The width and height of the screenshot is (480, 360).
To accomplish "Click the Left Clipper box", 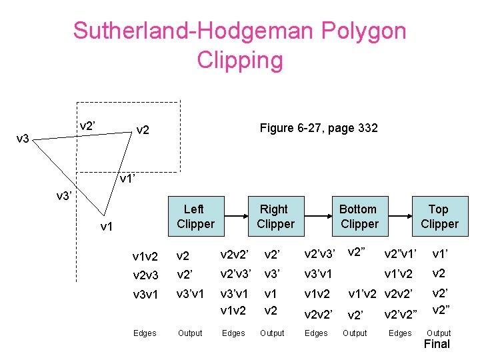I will [195, 217].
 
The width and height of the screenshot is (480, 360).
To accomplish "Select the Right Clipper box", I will [275, 217].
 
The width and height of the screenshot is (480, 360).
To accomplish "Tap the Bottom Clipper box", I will [358, 217].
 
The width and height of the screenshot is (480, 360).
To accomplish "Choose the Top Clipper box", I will [439, 217].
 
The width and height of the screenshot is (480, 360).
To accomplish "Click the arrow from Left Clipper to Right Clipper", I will [235, 216].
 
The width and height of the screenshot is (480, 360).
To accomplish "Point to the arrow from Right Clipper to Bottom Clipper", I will [317, 216].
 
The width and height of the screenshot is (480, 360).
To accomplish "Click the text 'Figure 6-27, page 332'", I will [319, 128].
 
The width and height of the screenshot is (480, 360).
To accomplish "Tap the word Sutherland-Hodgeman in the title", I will [194, 31].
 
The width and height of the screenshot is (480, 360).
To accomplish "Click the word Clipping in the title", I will [240, 60].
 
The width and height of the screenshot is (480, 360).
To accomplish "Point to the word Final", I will [437, 344].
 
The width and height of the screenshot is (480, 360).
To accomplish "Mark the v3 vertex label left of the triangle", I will [23, 139].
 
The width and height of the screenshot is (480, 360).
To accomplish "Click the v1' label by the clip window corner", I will [128, 179].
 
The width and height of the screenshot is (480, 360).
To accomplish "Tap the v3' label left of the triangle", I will [65, 197].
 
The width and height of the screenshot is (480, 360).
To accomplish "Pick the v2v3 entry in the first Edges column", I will [145, 275].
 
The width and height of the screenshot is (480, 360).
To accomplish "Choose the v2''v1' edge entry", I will [400, 253].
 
